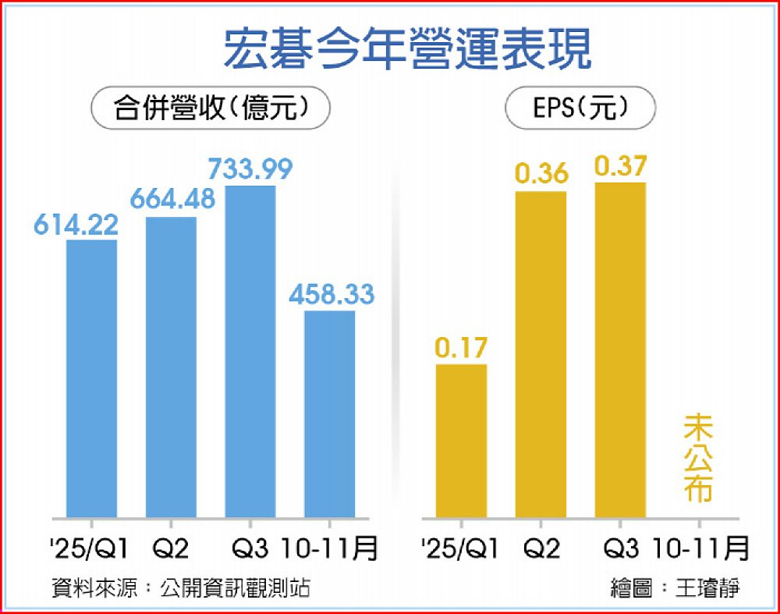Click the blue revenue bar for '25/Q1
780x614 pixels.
tap(92, 378)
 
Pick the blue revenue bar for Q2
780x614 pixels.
tap(172, 367)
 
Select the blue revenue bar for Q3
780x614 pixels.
tap(250, 351)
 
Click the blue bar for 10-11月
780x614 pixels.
tap(329, 413)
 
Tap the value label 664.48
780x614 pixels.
tap(172, 200)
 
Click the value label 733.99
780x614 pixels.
tap(250, 169)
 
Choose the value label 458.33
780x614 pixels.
tap(331, 295)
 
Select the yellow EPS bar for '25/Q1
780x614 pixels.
tap(461, 441)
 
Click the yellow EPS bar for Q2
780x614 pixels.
tap(541, 354)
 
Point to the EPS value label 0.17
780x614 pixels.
tap(461, 348)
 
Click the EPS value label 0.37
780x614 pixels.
tap(620, 165)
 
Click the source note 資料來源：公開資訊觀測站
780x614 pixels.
tap(180, 587)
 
